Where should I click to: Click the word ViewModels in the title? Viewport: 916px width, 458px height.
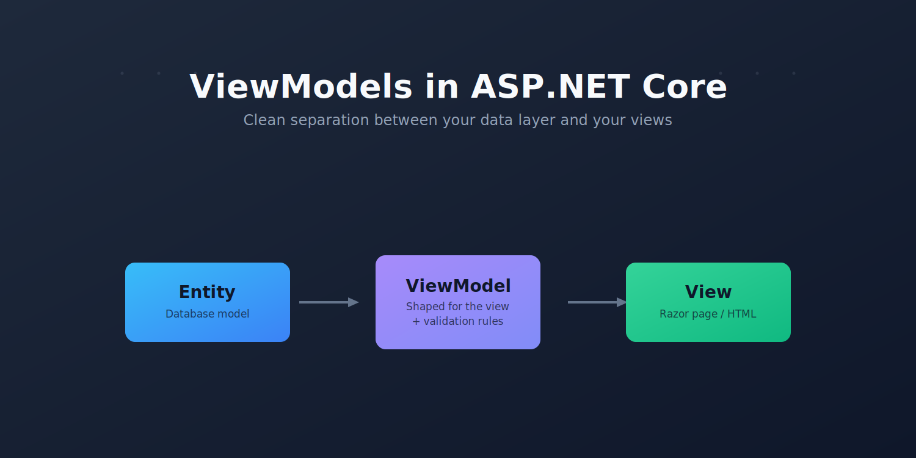pyautogui.click(x=301, y=87)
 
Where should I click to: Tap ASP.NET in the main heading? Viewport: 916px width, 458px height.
pyautogui.click(x=550, y=87)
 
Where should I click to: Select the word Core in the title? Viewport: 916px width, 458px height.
pyautogui.click(x=685, y=87)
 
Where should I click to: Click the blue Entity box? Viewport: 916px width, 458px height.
pyautogui.click(x=208, y=302)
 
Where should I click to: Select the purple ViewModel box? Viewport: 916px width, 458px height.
pyautogui.click(x=457, y=302)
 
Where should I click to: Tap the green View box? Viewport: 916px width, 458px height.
pyautogui.click(x=708, y=302)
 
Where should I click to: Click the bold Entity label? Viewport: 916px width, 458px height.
pyautogui.click(x=207, y=293)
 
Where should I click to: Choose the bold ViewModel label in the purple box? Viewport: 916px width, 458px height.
pyautogui.click(x=458, y=286)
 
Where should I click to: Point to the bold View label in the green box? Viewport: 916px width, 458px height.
pyautogui.click(x=708, y=292)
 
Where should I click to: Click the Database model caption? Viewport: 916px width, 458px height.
pyautogui.click(x=208, y=314)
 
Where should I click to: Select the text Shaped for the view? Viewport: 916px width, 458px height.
pyautogui.click(x=457, y=307)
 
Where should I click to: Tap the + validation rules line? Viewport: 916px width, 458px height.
pyautogui.click(x=457, y=321)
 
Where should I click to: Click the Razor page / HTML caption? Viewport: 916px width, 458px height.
pyautogui.click(x=708, y=314)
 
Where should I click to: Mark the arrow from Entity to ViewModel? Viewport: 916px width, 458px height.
pyautogui.click(x=329, y=302)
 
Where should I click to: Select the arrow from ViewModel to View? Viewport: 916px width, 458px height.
pyautogui.click(x=597, y=302)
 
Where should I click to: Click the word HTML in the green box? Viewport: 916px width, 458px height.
pyautogui.click(x=741, y=314)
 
